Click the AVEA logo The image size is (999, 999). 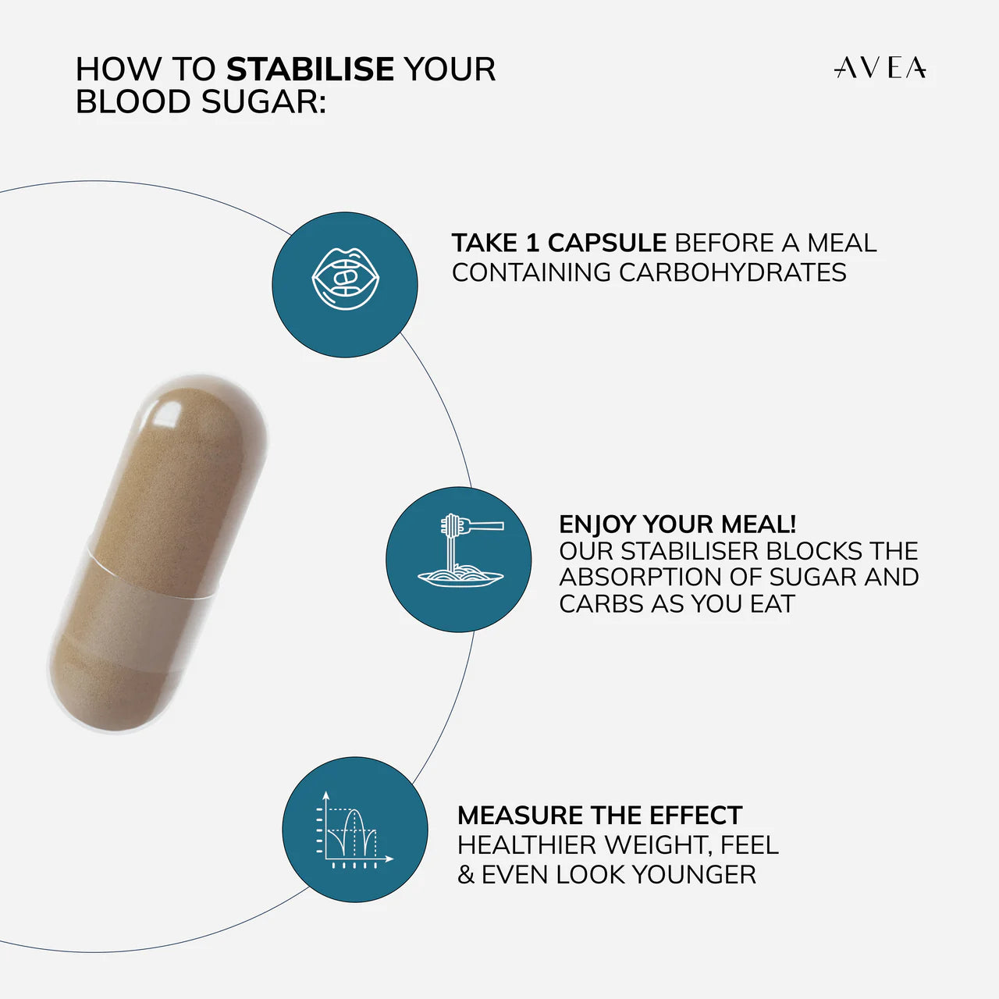point(880,68)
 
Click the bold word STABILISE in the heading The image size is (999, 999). point(310,69)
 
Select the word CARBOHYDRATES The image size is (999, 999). point(732,272)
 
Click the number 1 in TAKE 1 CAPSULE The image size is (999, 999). point(531,243)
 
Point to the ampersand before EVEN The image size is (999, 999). point(466,875)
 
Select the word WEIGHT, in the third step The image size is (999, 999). point(659,845)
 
